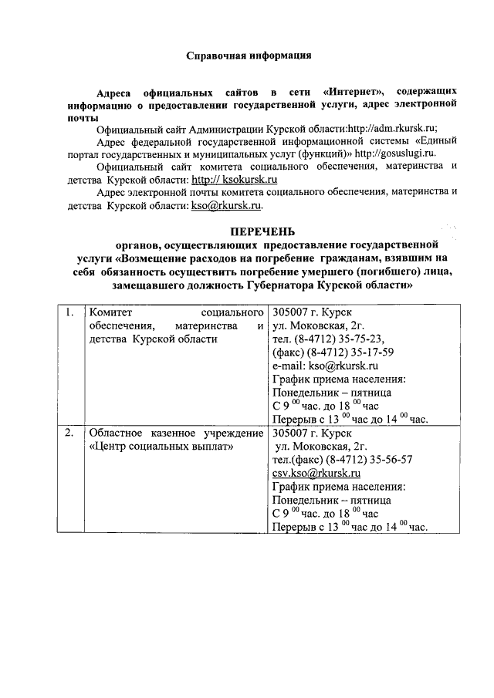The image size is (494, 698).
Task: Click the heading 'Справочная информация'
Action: point(249,56)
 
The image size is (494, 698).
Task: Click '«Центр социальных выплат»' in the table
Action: point(161,447)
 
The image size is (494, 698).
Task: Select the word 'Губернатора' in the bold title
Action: point(286,285)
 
